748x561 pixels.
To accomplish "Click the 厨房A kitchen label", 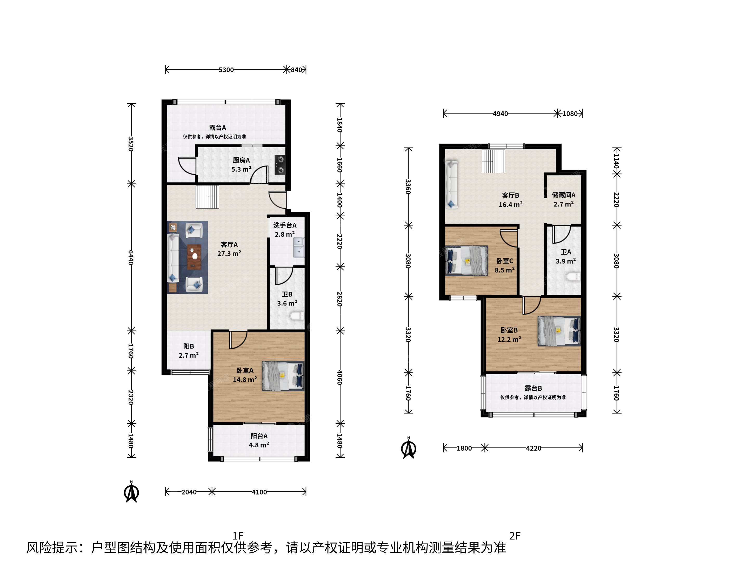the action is [241, 160].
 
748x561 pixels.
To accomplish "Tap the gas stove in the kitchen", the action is [280, 165].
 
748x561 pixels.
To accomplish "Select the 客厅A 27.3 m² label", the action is [229, 249].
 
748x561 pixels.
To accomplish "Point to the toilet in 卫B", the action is [297, 316].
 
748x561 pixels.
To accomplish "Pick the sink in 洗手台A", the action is [299, 248].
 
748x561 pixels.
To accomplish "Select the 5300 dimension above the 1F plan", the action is [226, 70].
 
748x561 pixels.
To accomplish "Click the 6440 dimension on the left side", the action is [131, 257].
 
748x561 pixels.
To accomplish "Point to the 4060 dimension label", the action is [339, 377].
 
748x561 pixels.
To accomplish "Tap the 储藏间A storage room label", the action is [564, 195].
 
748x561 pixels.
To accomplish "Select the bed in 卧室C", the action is [466, 261].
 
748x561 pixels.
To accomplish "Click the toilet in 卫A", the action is [573, 277].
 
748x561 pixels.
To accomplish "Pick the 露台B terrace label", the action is [533, 388].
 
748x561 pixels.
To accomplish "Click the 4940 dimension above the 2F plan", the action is [500, 113].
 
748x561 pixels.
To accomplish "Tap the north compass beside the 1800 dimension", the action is [409, 448].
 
